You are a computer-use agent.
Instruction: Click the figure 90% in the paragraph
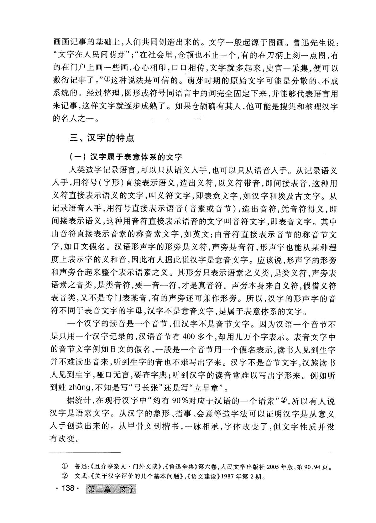tap(178, 401)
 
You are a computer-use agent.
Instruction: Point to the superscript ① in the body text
tap(106, 80)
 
